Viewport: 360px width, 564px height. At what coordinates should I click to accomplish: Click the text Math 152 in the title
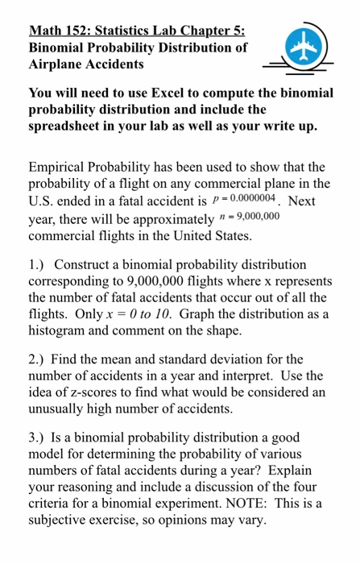click(60, 33)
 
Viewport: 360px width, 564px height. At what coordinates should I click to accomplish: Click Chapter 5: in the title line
click(212, 33)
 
